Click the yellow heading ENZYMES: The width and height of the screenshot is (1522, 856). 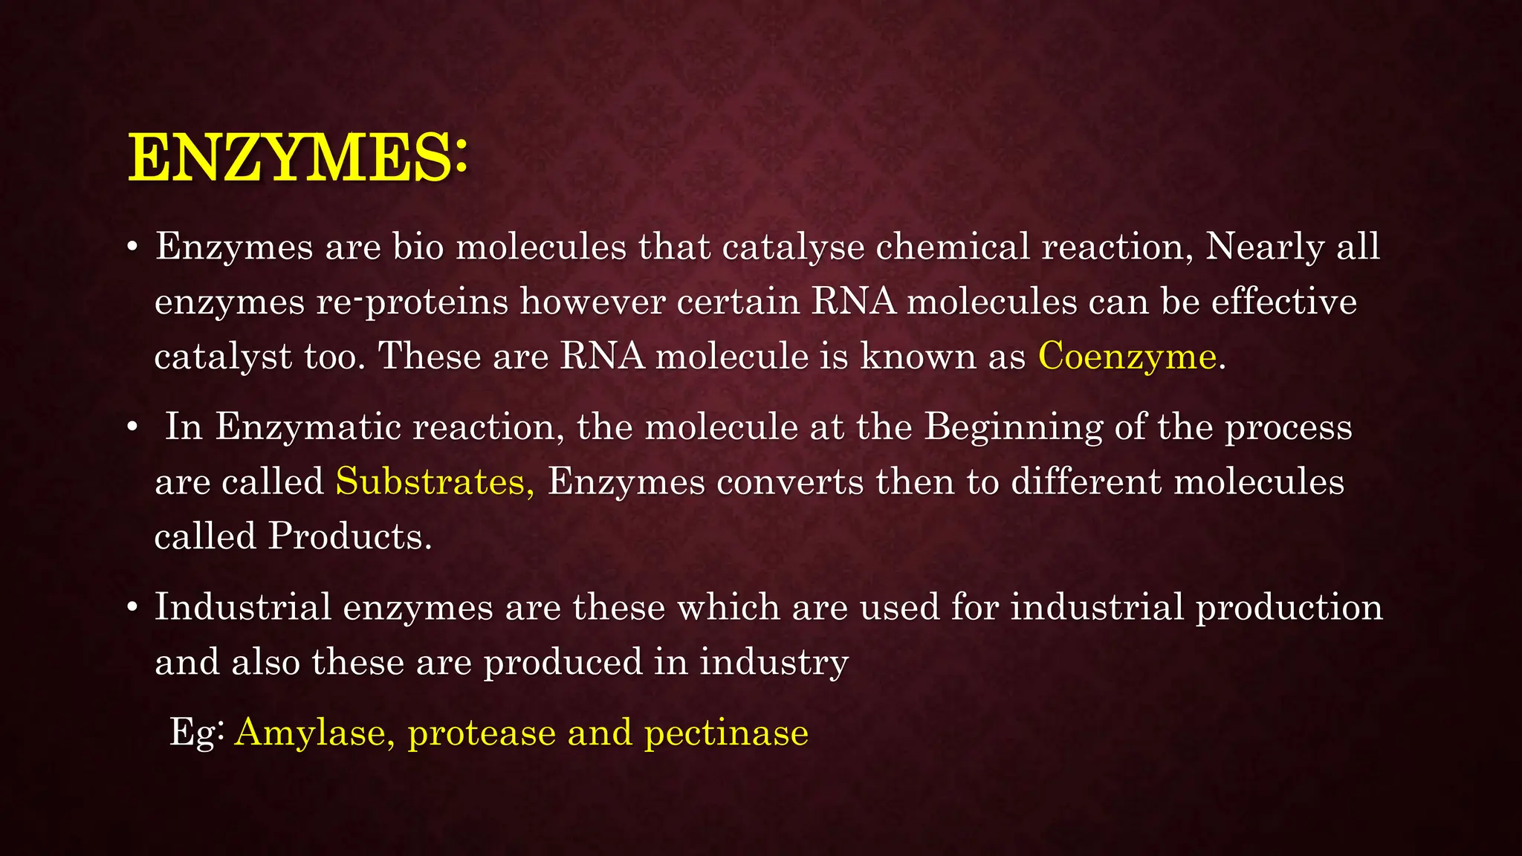coord(297,158)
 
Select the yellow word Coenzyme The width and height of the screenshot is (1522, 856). coord(1127,357)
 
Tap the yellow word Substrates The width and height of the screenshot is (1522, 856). coord(434,482)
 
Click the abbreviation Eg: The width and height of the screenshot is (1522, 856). coord(197,733)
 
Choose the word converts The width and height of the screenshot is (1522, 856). coord(790,482)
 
